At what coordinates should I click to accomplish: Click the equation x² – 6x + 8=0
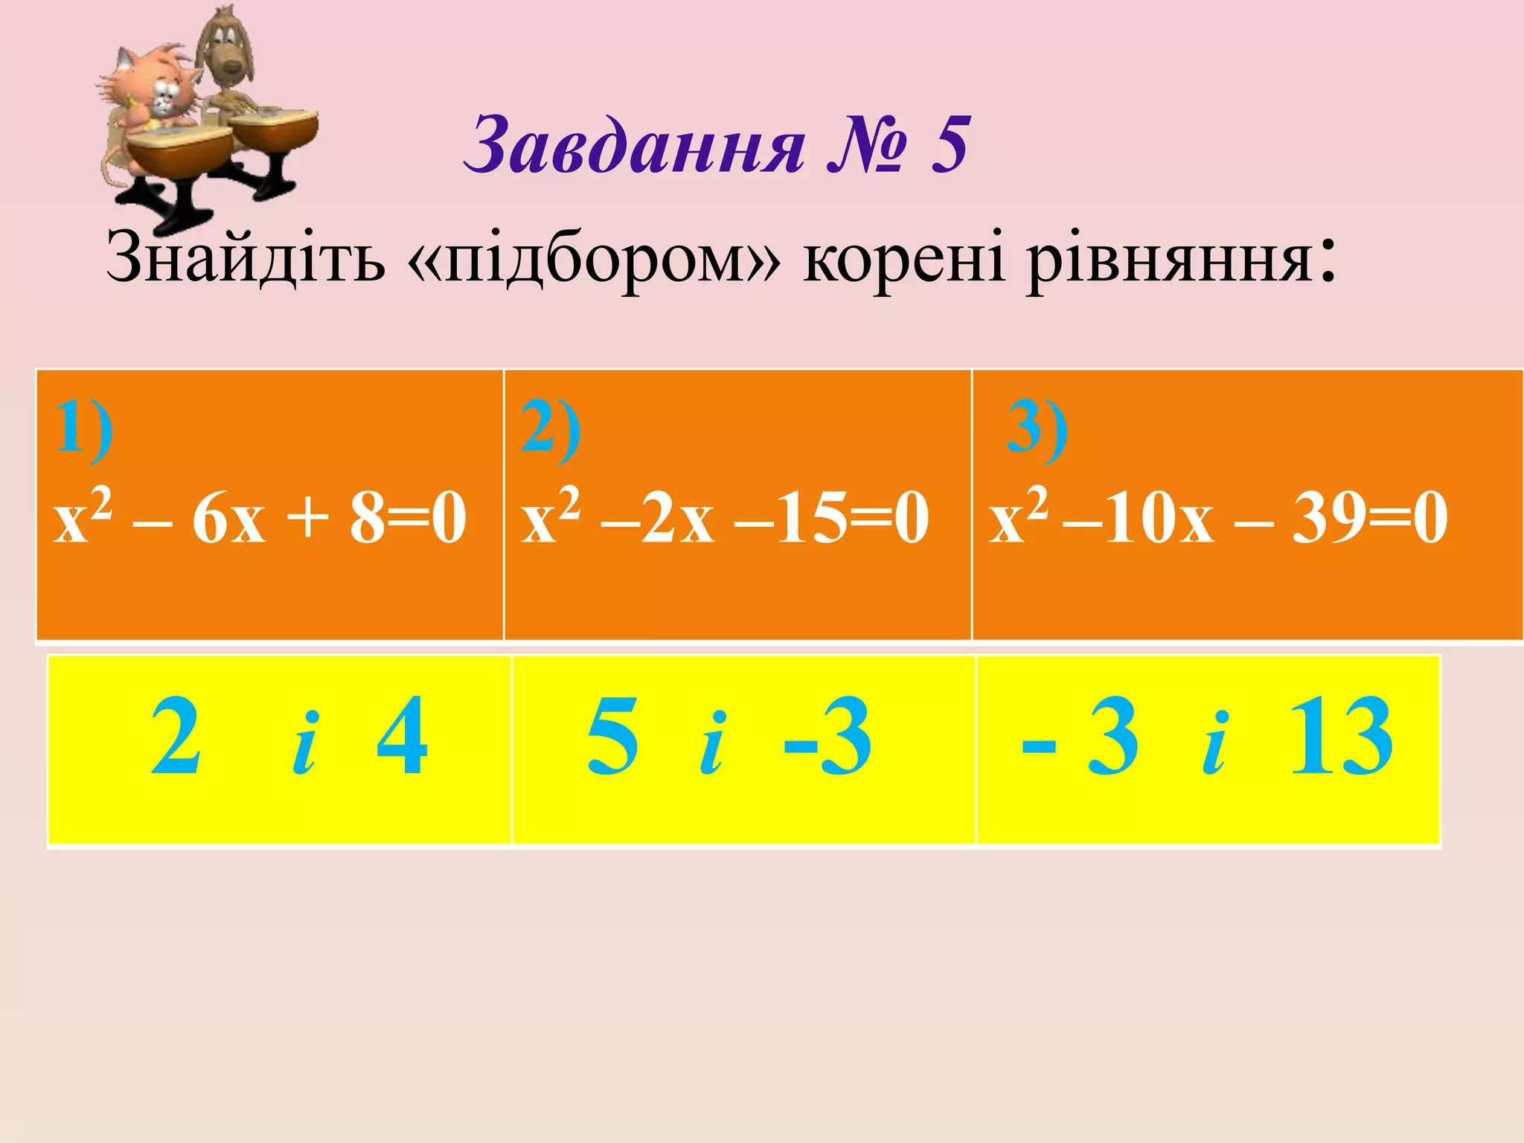pos(260,516)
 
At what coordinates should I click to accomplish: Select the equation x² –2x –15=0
pos(725,516)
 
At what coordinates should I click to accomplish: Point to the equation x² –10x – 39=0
pos(1218,516)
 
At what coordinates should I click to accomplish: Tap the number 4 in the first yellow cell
pos(402,737)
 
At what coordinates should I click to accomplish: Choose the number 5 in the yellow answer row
pos(612,737)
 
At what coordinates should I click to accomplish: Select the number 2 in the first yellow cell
pos(176,737)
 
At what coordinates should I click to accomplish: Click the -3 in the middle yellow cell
pos(827,737)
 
